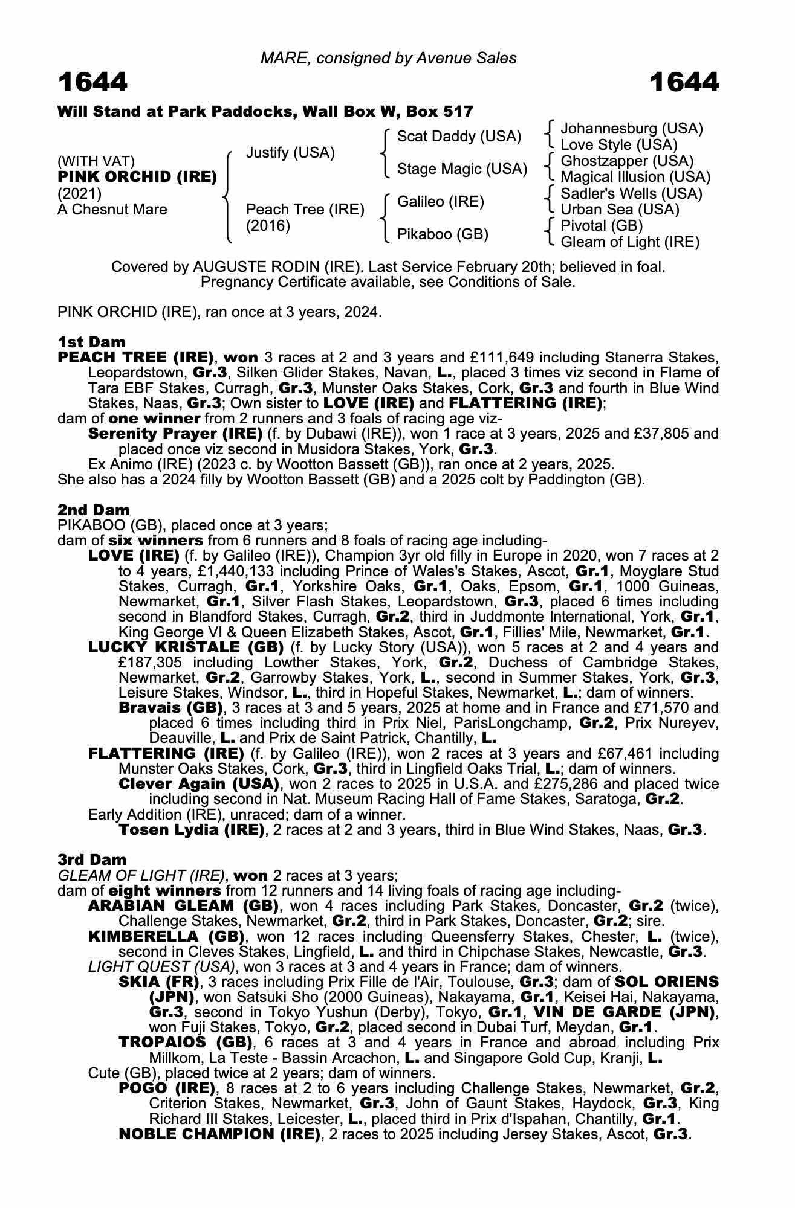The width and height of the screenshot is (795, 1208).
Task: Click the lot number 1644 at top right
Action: point(684,83)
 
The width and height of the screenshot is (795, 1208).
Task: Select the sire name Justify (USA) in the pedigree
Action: point(290,153)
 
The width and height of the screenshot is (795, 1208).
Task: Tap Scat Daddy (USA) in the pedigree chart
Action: point(459,137)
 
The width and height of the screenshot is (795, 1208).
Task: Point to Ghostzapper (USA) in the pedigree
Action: point(627,161)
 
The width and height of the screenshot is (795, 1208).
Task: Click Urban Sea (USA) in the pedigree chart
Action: point(620,210)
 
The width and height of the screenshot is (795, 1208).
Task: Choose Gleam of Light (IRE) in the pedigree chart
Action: point(630,242)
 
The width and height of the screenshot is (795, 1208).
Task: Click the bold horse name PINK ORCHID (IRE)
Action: point(137,177)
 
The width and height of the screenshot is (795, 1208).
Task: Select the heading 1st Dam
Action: point(91,342)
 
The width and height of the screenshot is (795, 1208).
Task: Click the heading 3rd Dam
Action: point(92,859)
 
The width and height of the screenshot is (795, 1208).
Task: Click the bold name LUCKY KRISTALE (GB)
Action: point(186,647)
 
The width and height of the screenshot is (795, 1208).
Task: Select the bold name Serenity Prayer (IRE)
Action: point(175,434)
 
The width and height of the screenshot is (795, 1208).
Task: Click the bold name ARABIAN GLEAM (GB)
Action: point(183,906)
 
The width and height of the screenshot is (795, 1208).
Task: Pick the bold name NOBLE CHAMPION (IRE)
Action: point(219,1134)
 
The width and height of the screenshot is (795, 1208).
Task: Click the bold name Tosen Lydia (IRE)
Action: point(192,830)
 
